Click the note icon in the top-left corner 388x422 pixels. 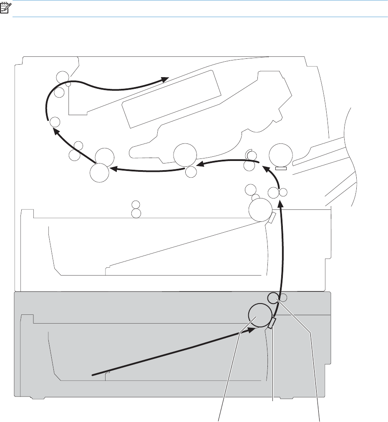tap(7, 8)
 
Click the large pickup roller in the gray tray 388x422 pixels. tap(259, 315)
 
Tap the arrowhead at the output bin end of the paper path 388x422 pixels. tap(165, 78)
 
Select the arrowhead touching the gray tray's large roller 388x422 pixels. tap(251, 329)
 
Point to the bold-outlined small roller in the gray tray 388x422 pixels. tap(272, 298)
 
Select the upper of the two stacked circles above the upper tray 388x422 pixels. tap(135, 205)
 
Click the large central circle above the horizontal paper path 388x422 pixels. tap(185, 155)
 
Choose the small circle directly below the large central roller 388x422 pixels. tap(191, 171)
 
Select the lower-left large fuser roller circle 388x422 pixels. tap(100, 173)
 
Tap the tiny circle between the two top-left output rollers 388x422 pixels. tap(68, 84)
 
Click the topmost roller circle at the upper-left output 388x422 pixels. tap(62, 76)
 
